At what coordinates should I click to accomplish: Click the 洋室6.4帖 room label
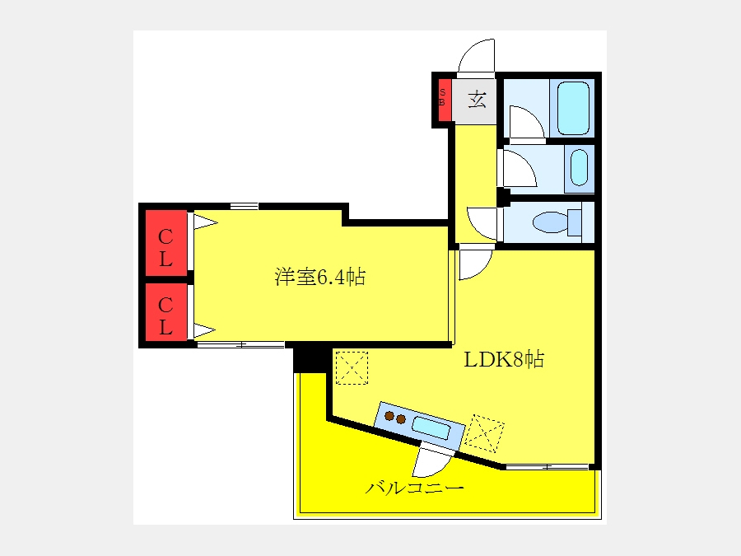click(x=320, y=277)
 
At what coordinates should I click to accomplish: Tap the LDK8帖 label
click(x=504, y=359)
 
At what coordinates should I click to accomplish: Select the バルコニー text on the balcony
click(x=414, y=488)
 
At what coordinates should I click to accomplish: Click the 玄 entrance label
click(x=478, y=100)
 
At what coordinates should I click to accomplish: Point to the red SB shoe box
click(x=442, y=100)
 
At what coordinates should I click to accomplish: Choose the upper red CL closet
click(x=165, y=242)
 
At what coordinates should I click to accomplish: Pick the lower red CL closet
click(x=165, y=312)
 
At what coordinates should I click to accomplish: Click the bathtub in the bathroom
click(x=573, y=109)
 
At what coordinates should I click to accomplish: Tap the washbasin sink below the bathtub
click(x=580, y=167)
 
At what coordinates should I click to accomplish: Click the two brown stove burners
click(x=395, y=418)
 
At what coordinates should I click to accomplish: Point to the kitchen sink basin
click(x=431, y=428)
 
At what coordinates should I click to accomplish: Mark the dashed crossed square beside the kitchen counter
click(x=484, y=433)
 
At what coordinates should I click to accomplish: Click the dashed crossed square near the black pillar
click(x=352, y=368)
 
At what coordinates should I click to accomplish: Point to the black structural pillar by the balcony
click(x=310, y=360)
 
